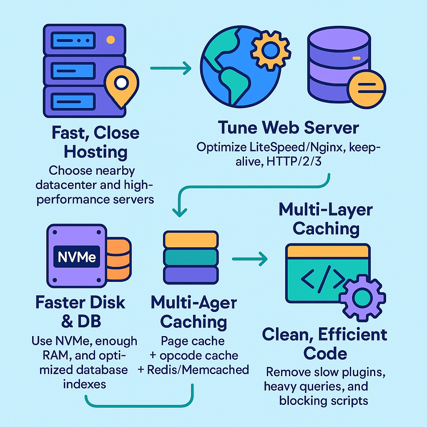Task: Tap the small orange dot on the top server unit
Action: pyautogui.click(x=111, y=40)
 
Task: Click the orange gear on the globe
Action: pyautogui.click(x=271, y=49)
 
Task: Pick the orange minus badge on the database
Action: pyautogui.click(x=367, y=88)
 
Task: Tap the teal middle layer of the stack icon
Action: pyautogui.click(x=191, y=257)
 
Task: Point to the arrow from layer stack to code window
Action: pyautogui.click(x=249, y=259)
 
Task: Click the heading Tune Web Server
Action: pyautogui.click(x=288, y=128)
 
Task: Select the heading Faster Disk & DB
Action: pyautogui.click(x=80, y=311)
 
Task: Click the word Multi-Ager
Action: pyautogui.click(x=193, y=303)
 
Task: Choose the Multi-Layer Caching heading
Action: pyautogui.click(x=326, y=219)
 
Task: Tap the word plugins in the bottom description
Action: pyautogui.click(x=354, y=372)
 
